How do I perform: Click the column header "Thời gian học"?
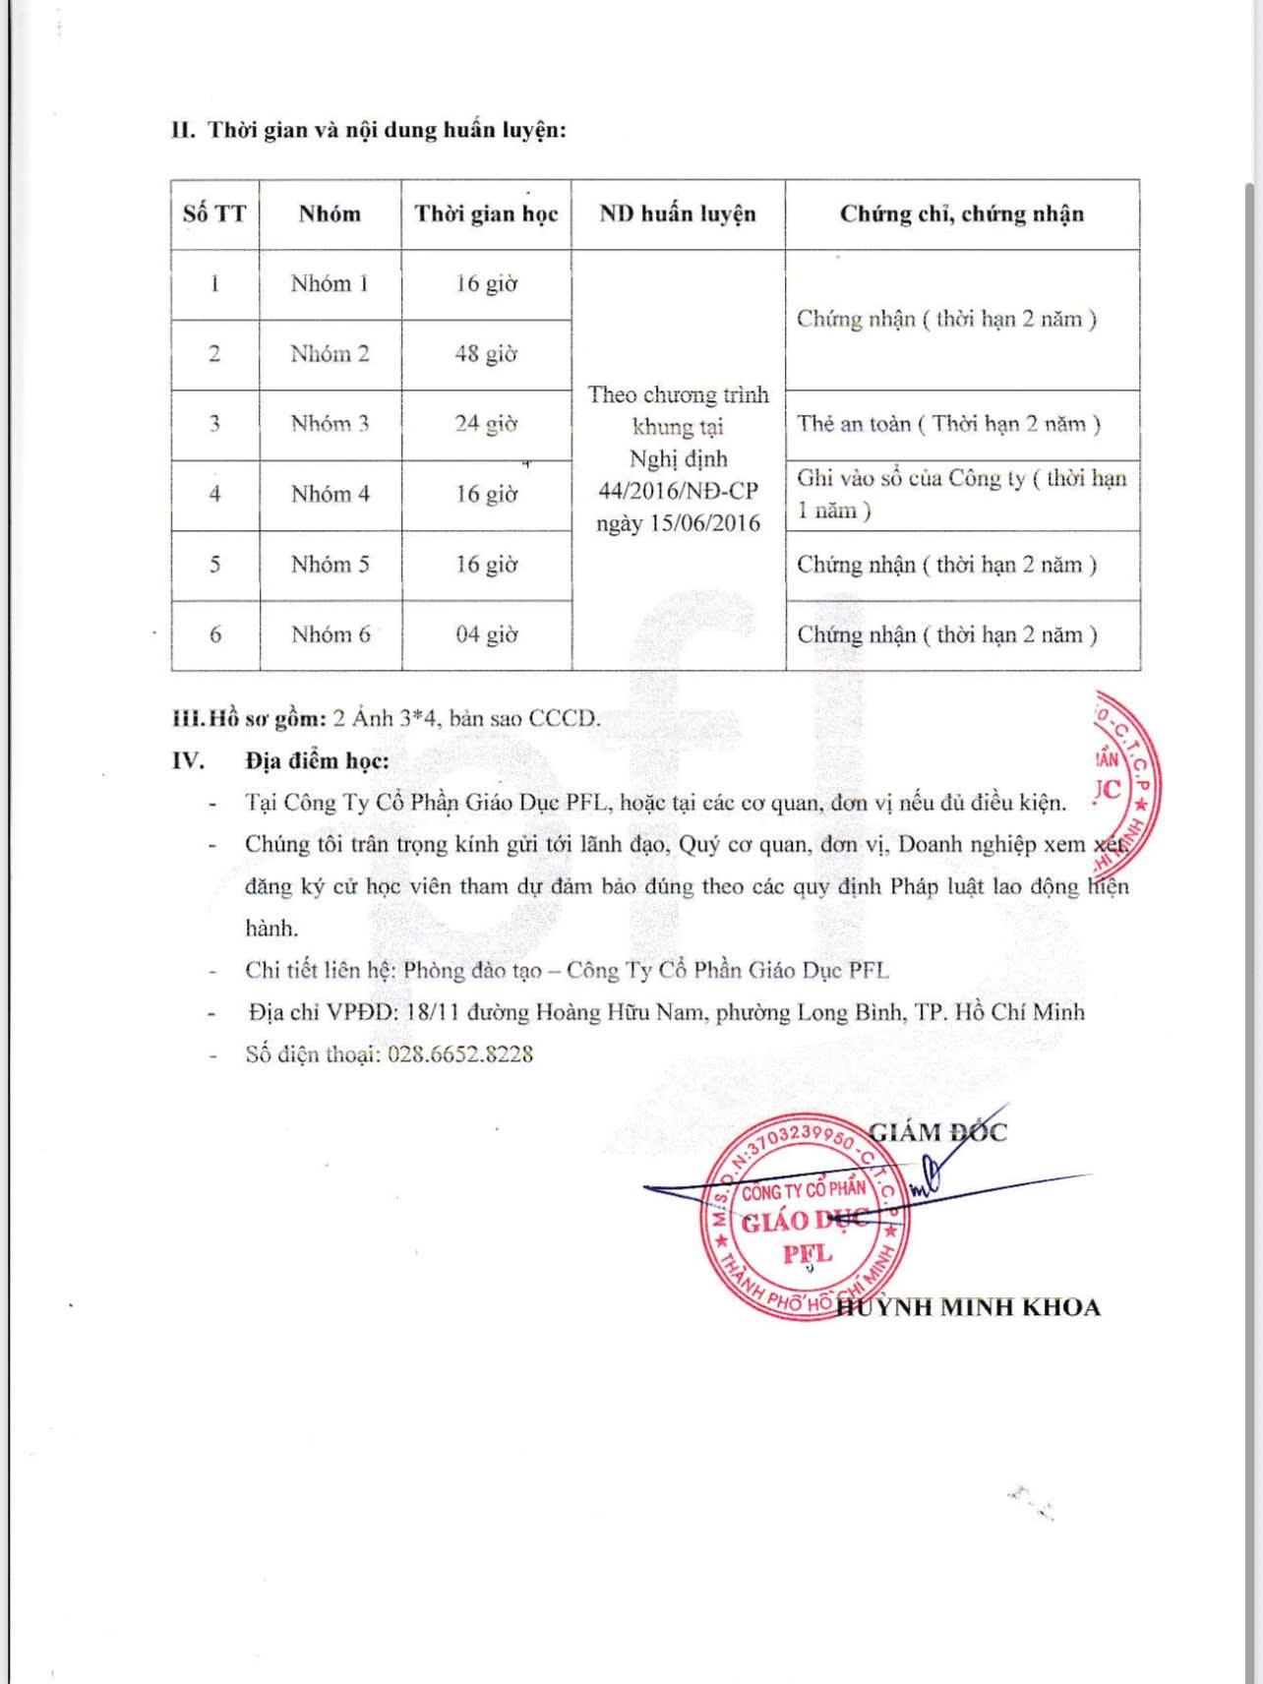[x=486, y=214]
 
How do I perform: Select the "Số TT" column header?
[x=214, y=214]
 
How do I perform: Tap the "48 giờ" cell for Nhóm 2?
[x=486, y=354]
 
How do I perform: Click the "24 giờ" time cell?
[x=486, y=424]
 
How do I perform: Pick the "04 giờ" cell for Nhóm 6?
[x=486, y=634]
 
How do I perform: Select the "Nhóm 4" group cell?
[x=330, y=494]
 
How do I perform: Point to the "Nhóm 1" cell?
[x=330, y=284]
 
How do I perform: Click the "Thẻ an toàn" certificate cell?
[x=948, y=424]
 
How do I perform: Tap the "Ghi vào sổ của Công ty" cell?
[x=960, y=494]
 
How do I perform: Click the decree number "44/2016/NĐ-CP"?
[x=678, y=491]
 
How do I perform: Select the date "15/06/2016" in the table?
[x=704, y=523]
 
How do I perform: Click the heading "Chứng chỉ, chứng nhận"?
[x=961, y=214]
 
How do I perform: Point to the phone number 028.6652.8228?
[x=460, y=1054]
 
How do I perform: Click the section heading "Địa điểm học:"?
[x=317, y=760]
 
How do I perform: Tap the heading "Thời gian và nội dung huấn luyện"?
[x=387, y=130]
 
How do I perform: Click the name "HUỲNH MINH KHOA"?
[x=968, y=1307]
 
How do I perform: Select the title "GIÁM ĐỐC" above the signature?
[x=937, y=1132]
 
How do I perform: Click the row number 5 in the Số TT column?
[x=214, y=565]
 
